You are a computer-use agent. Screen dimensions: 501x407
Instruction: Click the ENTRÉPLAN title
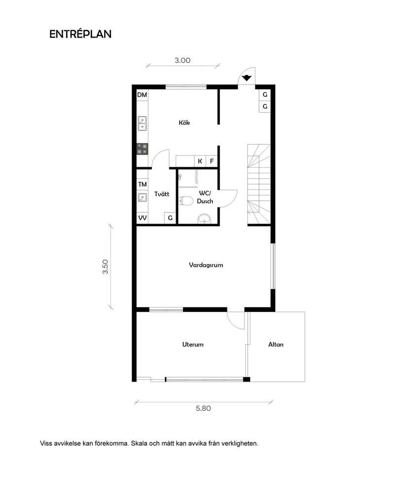pos(80,34)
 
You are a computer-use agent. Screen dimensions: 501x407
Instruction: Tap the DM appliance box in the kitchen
pos(142,95)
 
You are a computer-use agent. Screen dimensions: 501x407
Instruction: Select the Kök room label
pos(185,123)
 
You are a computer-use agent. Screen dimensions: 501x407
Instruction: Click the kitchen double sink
pos(142,123)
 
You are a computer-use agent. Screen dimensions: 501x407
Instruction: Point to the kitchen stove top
pos(142,148)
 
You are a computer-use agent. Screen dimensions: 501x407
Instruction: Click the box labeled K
pos(200,161)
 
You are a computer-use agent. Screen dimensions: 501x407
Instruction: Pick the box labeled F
pos(212,161)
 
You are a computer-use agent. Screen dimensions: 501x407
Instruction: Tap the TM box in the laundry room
pos(142,185)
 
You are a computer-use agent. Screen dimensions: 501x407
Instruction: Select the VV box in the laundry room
pos(142,218)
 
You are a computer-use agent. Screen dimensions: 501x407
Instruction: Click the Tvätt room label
pos(161,194)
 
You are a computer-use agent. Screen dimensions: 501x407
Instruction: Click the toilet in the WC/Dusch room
pos(186,201)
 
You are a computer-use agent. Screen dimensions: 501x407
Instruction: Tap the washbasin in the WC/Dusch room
pos(203,219)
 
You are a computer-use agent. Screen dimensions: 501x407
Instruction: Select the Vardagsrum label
pos(206,265)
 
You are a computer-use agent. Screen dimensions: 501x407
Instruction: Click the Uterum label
pos(192,345)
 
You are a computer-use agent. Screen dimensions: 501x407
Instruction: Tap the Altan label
pos(276,345)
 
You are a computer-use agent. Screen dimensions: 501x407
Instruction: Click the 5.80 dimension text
pos(203,409)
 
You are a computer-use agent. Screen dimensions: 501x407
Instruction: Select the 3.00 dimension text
pos(183,61)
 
